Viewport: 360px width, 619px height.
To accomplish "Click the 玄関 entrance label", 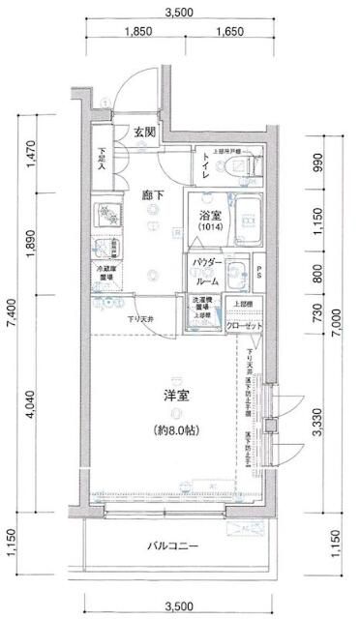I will [x=144, y=132].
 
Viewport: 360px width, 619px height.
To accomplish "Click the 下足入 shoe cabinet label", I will [x=102, y=160].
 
